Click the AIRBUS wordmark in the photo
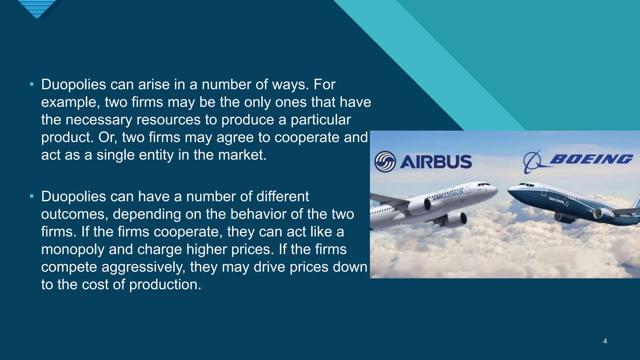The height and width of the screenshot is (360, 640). (436, 162)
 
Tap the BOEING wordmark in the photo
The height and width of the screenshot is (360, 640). (591, 159)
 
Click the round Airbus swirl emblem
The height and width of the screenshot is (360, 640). (385, 162)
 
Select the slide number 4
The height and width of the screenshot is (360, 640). (605, 341)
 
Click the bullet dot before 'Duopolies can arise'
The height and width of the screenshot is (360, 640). (32, 84)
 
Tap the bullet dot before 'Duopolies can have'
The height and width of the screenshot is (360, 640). (32, 197)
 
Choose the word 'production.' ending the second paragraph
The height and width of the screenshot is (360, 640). (165, 285)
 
